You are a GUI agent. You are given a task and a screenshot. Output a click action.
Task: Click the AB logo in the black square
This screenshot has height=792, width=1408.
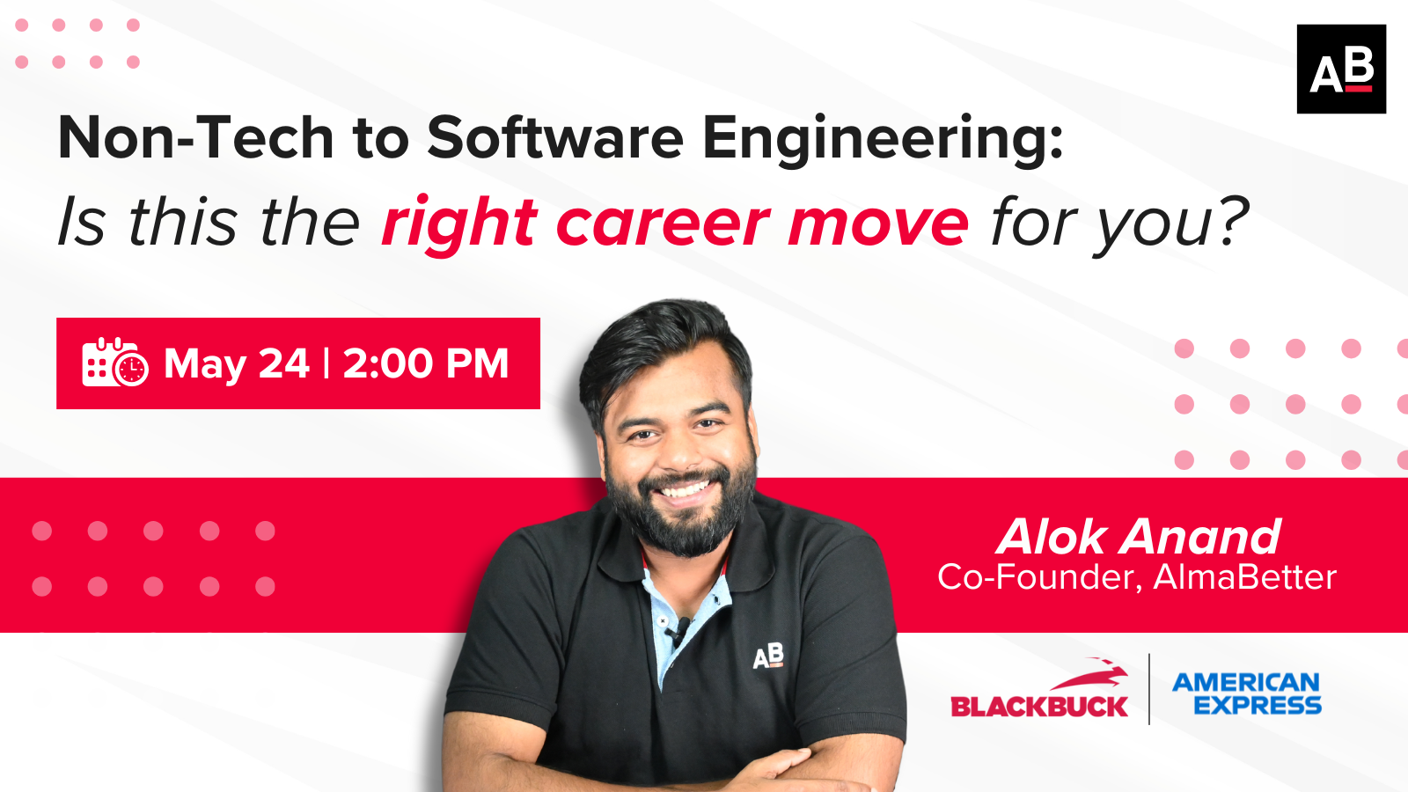[x=1341, y=70]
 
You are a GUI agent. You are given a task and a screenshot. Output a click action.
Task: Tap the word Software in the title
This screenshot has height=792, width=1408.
[x=555, y=137]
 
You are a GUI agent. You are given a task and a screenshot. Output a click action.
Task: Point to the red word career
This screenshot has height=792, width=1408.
[x=663, y=223]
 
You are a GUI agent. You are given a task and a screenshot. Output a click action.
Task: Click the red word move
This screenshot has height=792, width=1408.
[x=878, y=224]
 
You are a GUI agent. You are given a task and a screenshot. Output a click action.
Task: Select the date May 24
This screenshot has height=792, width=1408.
[x=237, y=364]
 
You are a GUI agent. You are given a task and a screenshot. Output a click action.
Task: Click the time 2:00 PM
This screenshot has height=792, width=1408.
[x=426, y=363]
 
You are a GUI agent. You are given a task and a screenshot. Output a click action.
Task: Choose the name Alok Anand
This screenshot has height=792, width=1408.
[x=1139, y=537]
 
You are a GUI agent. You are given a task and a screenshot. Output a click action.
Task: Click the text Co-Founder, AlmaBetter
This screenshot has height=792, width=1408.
[x=1136, y=577]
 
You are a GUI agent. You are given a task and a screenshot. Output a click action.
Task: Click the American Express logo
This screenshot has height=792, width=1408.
[x=1247, y=693]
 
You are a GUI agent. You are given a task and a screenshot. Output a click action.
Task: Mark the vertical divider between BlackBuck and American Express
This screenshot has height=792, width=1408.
[x=1149, y=689]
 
